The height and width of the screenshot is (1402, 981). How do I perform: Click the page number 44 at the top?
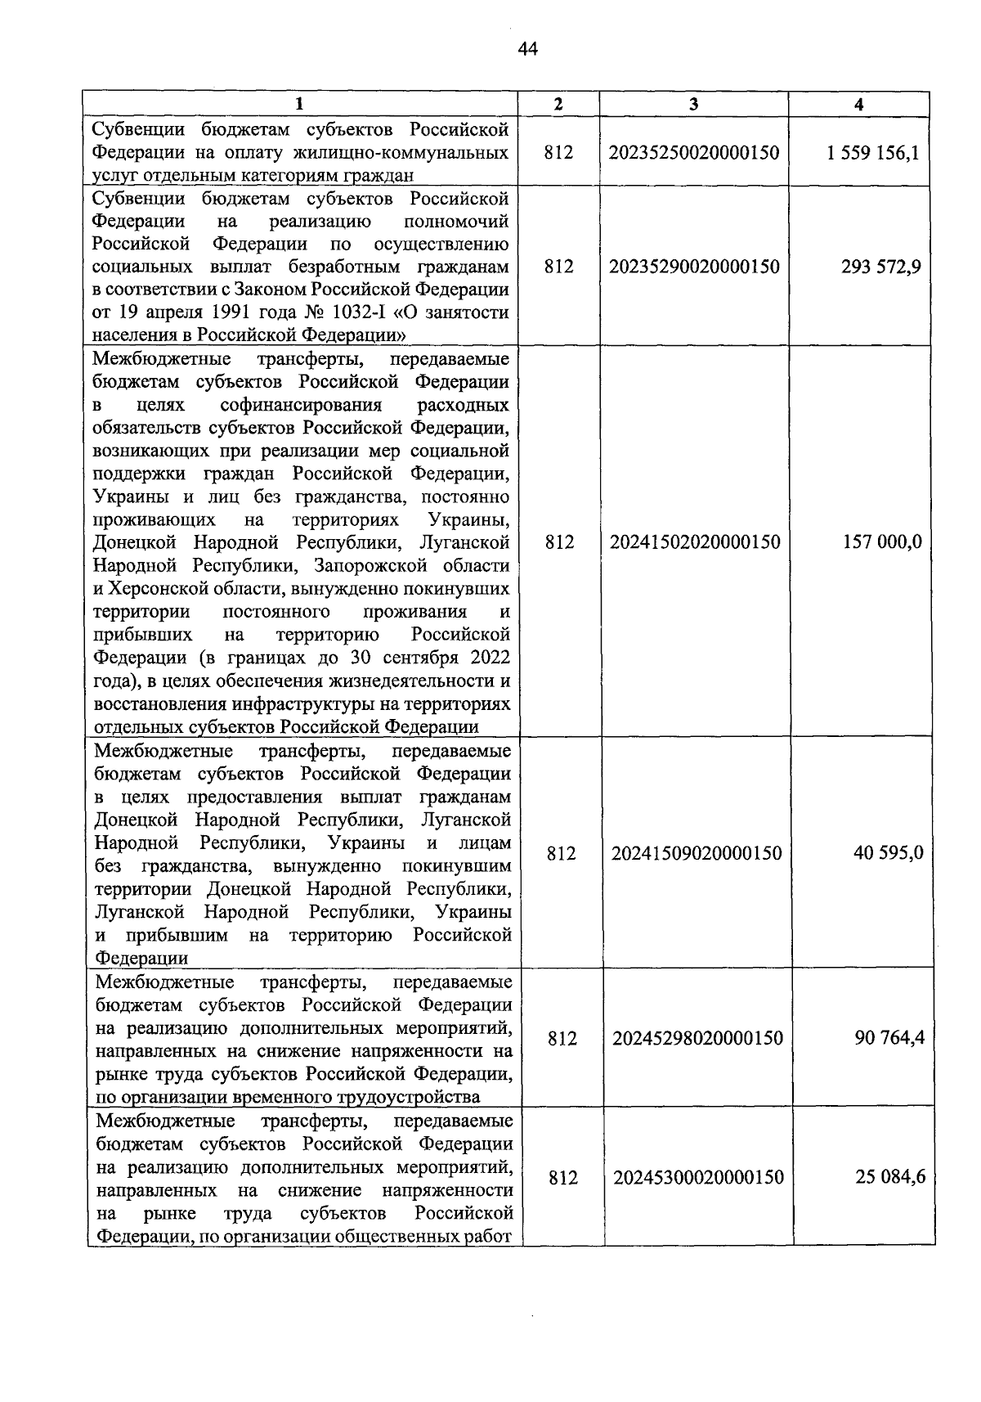[x=527, y=50]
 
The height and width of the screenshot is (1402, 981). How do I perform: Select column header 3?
[x=693, y=104]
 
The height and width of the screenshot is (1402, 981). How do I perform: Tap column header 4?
[x=858, y=104]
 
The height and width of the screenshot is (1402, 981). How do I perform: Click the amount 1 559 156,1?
[x=873, y=152]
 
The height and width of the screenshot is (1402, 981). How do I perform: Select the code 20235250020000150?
[x=694, y=152]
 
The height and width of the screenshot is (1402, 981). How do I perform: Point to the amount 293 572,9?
[x=880, y=267]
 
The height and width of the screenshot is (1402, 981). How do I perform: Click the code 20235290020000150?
[x=694, y=267]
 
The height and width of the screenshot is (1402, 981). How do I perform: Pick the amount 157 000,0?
[x=882, y=542]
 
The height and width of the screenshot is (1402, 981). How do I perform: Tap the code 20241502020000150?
[x=695, y=542]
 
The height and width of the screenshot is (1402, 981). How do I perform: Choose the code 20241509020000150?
[x=697, y=853]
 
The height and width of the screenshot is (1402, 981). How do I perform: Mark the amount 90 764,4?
[x=889, y=1038]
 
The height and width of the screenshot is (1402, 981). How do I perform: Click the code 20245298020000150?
[x=697, y=1038]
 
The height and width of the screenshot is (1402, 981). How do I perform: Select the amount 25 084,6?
[x=890, y=1177]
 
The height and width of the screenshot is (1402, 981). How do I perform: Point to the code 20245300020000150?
[x=698, y=1177]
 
